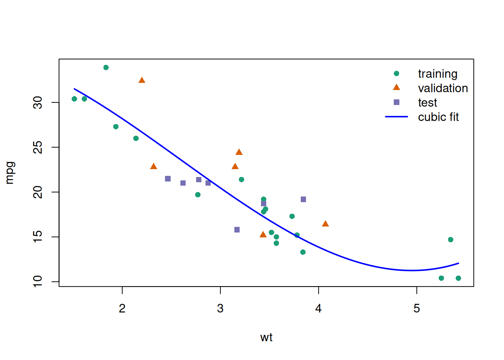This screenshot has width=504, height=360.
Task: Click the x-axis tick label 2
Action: (122, 308)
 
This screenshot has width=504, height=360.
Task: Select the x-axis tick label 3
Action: (220, 308)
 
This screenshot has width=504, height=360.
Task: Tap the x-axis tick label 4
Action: (318, 308)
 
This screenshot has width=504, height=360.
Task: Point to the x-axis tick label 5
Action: (417, 308)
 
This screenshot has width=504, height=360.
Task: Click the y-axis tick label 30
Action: (38, 102)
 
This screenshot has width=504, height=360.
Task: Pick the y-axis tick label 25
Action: (38, 147)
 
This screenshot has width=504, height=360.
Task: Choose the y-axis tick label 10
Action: (38, 281)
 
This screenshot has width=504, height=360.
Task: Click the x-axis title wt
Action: (266, 337)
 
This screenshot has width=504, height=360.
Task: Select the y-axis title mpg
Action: (10, 173)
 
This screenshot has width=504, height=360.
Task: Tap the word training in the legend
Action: (438, 74)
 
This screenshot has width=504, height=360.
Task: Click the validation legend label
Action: (443, 88)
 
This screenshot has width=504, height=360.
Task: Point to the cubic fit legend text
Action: (438, 117)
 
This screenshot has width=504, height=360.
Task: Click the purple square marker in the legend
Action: (396, 102)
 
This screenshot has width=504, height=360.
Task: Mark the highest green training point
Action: (106, 67)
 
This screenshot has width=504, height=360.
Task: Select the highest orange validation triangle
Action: (142, 80)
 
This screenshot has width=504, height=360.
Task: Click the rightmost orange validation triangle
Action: (325, 224)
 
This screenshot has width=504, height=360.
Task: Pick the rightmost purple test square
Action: (303, 199)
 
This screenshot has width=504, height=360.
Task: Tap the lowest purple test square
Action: (237, 229)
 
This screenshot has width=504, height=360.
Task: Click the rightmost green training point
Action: (458, 278)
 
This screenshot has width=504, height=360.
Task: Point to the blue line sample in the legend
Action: (396, 117)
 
